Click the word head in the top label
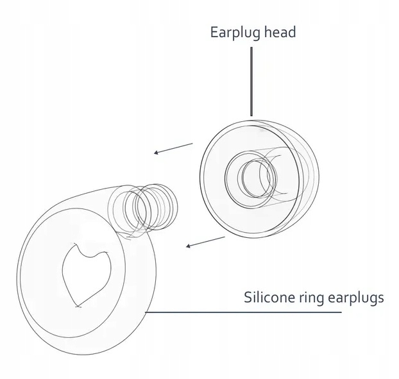[x=280, y=31]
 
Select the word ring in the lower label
[x=312, y=298]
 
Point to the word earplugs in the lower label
[x=356, y=298]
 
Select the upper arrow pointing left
[x=173, y=148]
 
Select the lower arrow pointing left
[x=205, y=242]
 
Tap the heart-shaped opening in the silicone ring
[x=86, y=273]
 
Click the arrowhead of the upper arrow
[x=157, y=153]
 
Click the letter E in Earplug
[x=215, y=31]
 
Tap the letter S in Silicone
[x=248, y=298]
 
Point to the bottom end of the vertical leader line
[x=251, y=115]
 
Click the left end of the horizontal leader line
[x=148, y=313]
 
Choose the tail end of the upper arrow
[x=192, y=144]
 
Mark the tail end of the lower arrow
[x=225, y=237]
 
